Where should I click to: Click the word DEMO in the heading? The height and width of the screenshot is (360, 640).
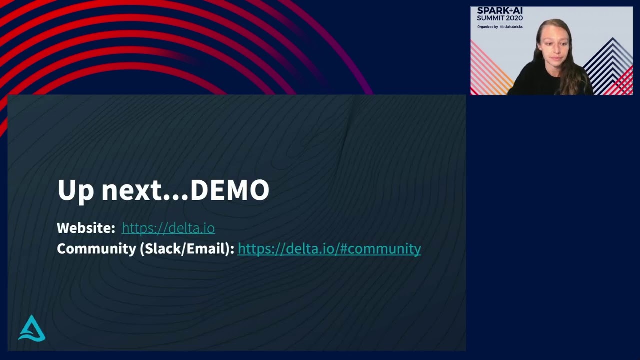[x=230, y=190]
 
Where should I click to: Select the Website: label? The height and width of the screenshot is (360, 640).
[x=86, y=228]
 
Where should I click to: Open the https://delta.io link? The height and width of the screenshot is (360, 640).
[x=168, y=228]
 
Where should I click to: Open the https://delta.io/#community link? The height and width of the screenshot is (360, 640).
[x=329, y=249]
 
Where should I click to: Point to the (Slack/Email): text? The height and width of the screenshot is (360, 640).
[x=187, y=249]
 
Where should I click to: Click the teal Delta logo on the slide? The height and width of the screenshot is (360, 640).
[x=32, y=328]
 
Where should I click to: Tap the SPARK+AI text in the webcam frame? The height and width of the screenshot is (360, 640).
[x=500, y=11]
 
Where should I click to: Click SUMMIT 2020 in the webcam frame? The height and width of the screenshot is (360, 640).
[x=500, y=18]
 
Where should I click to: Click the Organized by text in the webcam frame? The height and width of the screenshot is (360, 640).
[x=487, y=27]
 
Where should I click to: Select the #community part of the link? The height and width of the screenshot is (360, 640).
[x=389, y=249]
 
